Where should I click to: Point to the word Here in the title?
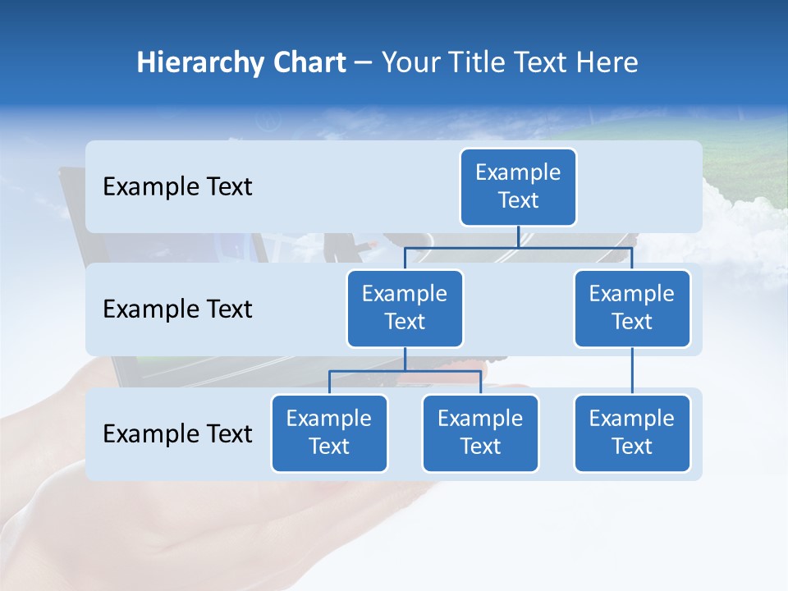tap(607, 62)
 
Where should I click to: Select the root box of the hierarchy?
tap(518, 186)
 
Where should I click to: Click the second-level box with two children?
tap(405, 308)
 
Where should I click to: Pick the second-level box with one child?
tap(632, 308)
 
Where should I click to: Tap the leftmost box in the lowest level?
tap(329, 433)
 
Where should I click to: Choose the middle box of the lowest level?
tap(480, 433)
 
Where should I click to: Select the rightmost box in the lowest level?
tap(632, 433)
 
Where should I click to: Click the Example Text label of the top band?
tap(177, 187)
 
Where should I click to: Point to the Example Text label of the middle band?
tap(177, 309)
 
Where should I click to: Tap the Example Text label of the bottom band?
tap(177, 433)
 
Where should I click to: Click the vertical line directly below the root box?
tap(518, 236)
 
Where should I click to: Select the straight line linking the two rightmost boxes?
tap(632, 371)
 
